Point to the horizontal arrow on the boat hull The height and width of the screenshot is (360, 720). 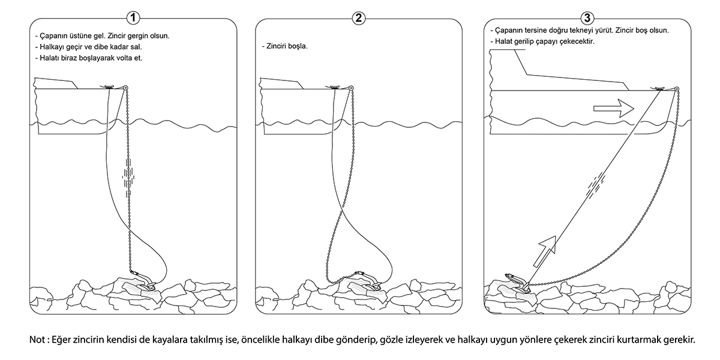click(x=613, y=109)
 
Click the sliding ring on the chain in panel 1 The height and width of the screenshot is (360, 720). click(x=128, y=175)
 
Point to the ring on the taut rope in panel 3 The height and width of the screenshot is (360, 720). click(x=594, y=182)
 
